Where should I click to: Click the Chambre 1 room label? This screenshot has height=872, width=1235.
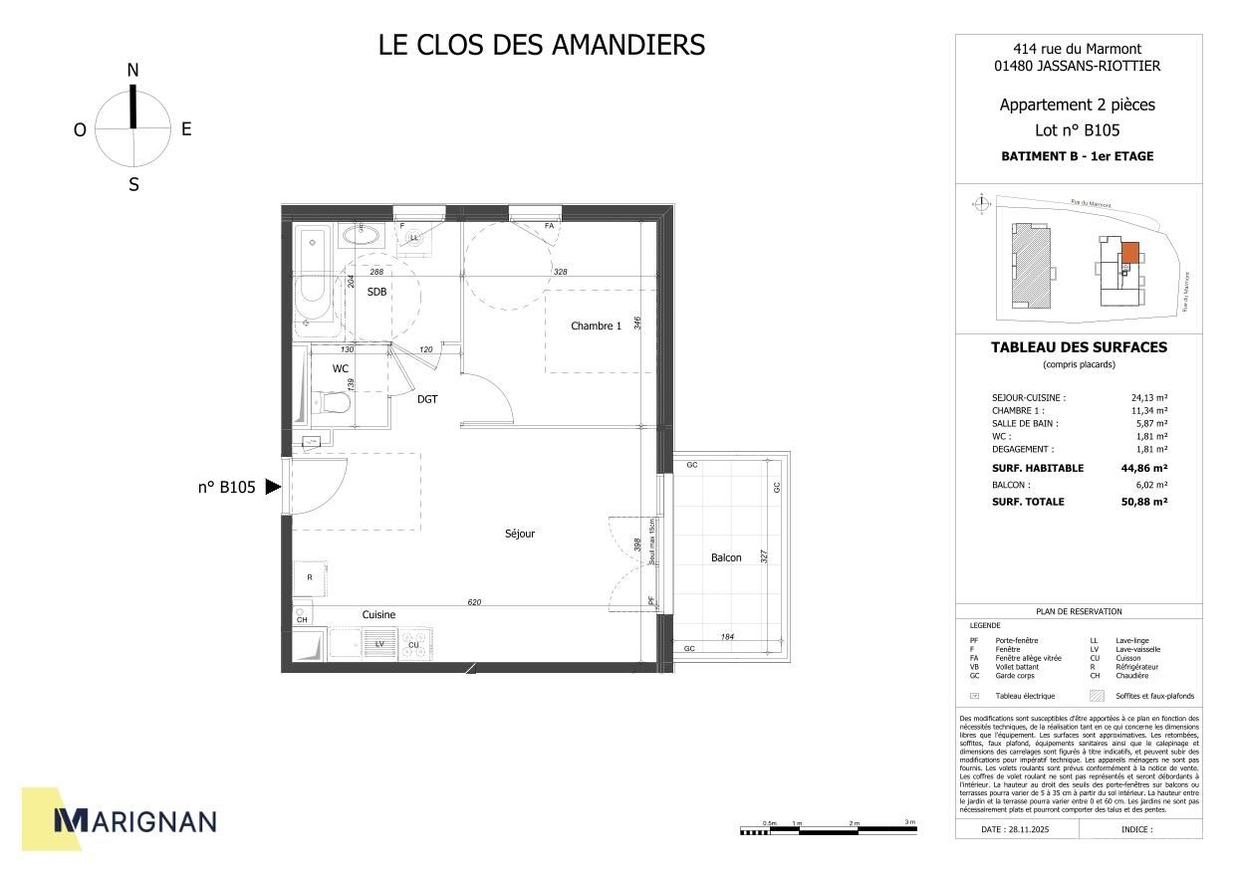tap(596, 326)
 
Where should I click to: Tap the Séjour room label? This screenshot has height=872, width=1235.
tap(520, 535)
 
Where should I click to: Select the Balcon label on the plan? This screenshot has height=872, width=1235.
tap(726, 557)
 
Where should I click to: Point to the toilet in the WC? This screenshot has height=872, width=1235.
tap(332, 403)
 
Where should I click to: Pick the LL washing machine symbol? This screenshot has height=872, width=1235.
tap(414, 238)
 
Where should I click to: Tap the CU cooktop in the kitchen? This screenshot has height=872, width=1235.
tap(414, 645)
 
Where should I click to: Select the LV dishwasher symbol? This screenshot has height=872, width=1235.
tap(378, 644)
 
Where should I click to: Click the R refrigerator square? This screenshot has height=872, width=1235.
tap(311, 577)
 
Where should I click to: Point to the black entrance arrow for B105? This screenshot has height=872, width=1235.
tap(273, 488)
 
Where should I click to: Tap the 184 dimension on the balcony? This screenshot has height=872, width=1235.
tap(727, 636)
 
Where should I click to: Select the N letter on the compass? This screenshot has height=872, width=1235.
tap(132, 70)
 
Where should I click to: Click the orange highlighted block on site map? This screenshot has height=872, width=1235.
tap(1130, 252)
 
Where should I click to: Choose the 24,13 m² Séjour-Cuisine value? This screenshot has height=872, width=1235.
tap(1149, 397)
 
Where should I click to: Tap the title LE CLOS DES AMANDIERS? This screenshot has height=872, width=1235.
tap(542, 46)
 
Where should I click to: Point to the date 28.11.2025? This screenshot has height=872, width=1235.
tap(1016, 828)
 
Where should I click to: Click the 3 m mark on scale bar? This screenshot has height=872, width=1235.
tap(909, 823)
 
